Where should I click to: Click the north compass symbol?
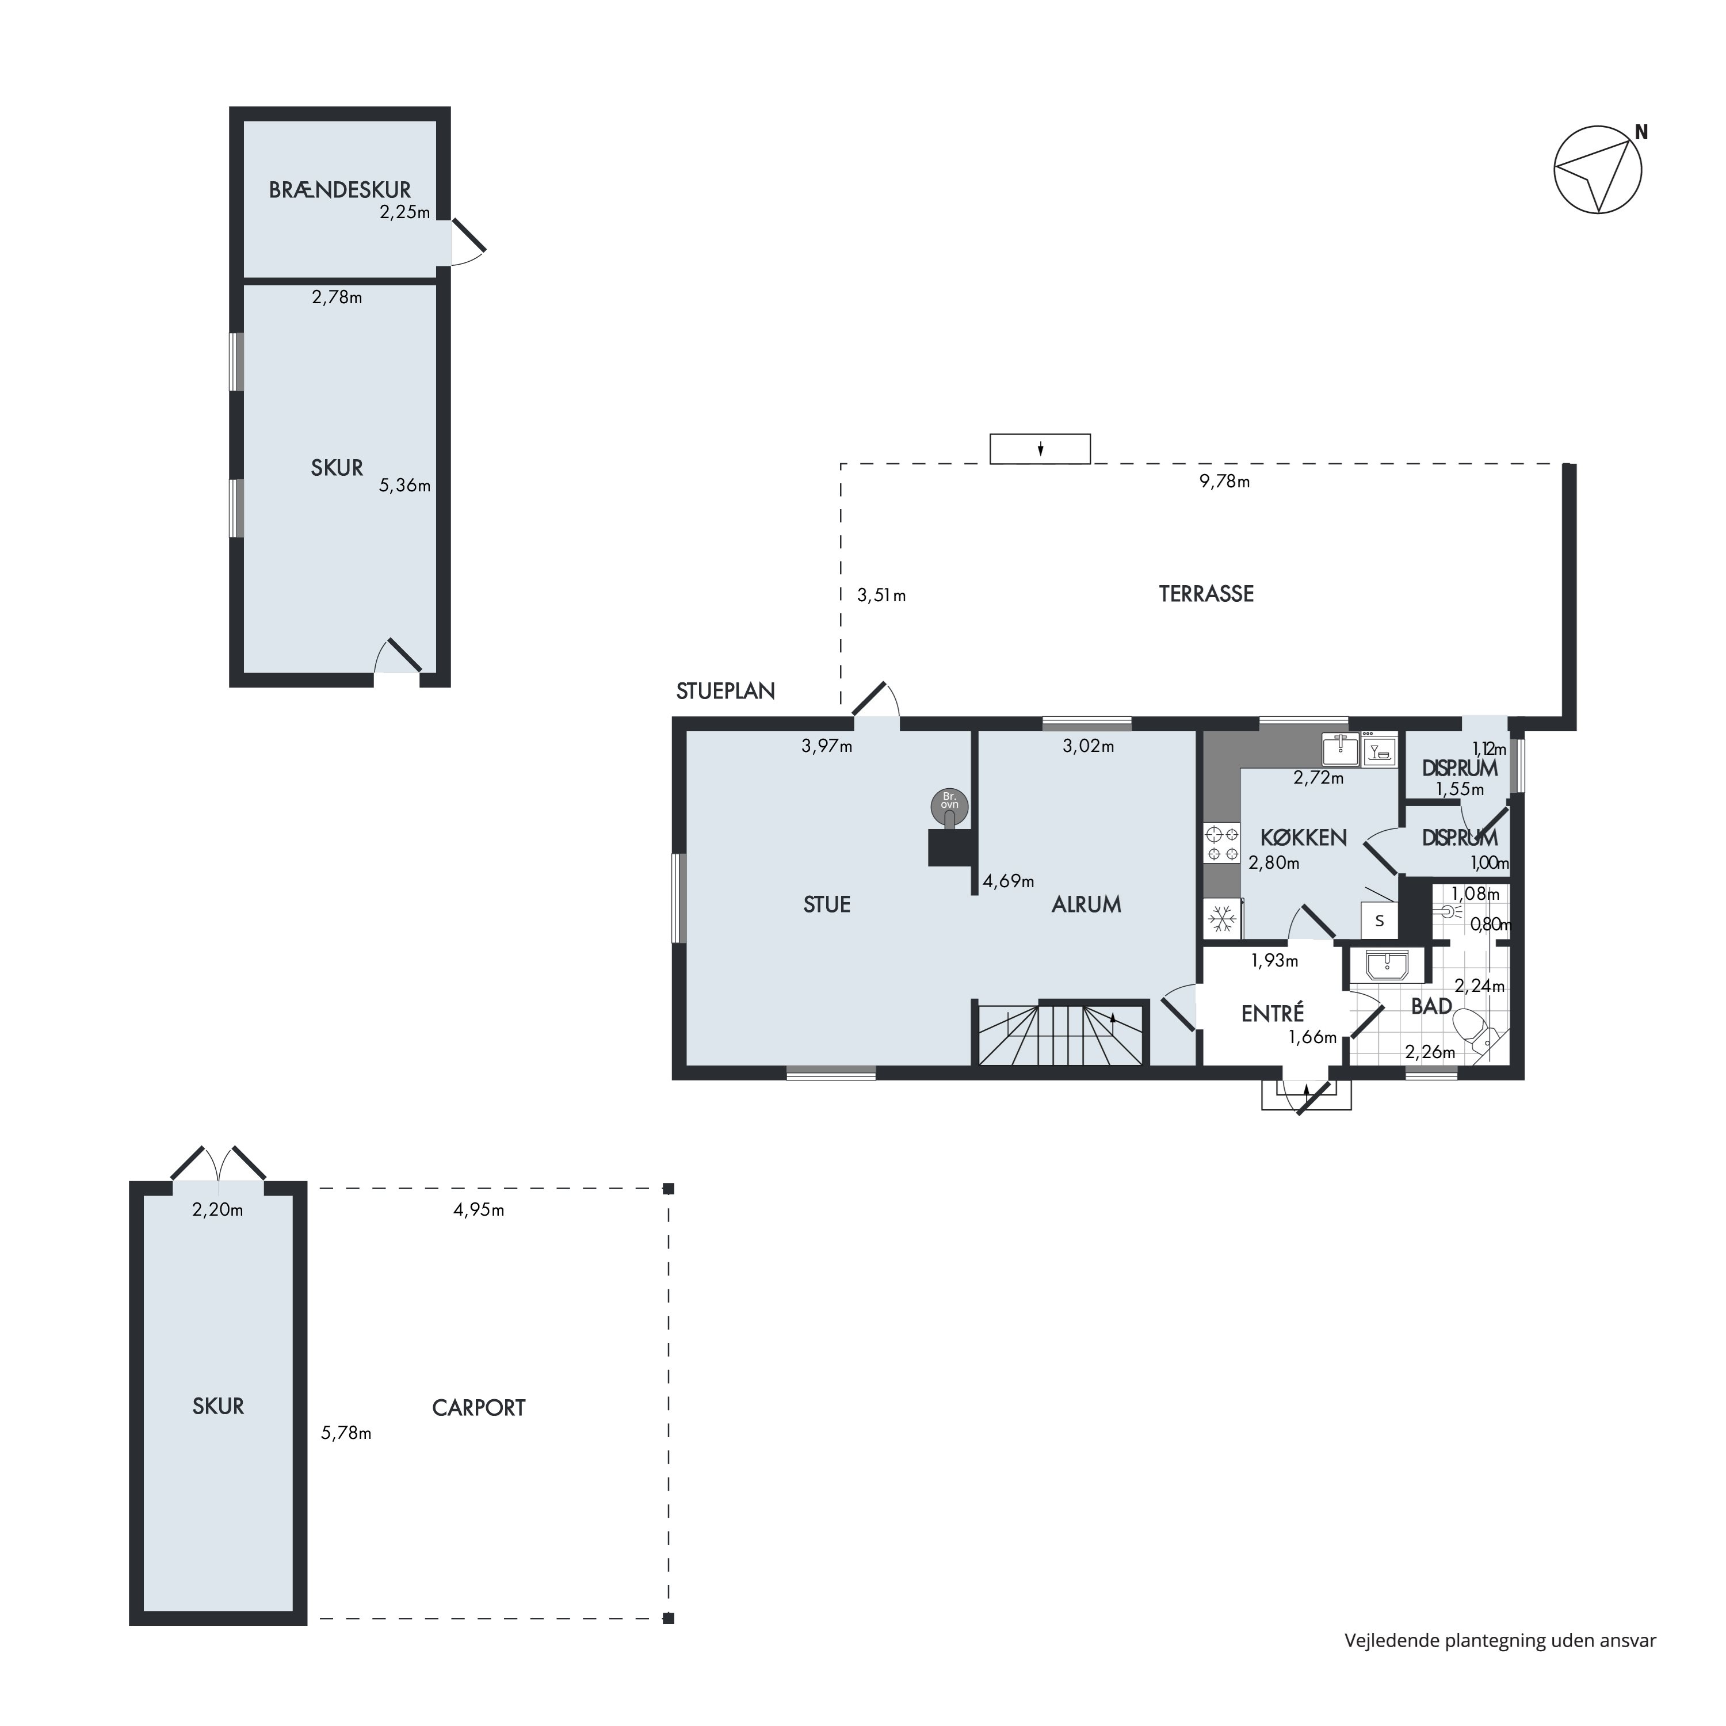tap(1598, 170)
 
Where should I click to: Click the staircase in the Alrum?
tap(1061, 1034)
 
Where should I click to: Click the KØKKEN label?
tap(1304, 838)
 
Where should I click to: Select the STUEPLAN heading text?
tap(725, 690)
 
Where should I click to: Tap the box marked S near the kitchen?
tap(1380, 920)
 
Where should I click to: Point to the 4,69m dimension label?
tap(1009, 882)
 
